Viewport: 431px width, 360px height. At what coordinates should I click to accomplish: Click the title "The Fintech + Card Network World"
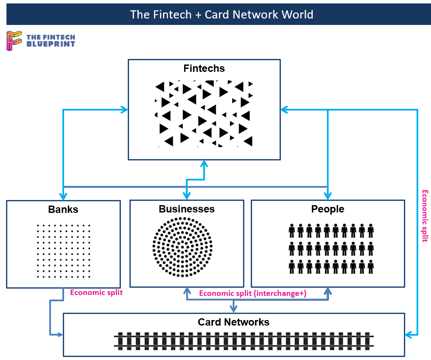pos(222,15)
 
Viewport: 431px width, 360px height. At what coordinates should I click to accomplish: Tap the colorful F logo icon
pos(14,41)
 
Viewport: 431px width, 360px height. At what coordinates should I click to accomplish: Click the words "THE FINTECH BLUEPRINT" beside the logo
pos(51,41)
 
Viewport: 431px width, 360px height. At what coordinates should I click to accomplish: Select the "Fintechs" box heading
pos(204,68)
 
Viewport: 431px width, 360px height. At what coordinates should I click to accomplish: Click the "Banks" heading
pos(63,209)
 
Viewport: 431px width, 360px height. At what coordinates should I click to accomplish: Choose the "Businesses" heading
pos(187,209)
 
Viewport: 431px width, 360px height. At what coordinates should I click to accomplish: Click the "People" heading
pos(328,209)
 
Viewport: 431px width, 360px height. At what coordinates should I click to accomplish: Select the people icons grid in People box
pos(330,249)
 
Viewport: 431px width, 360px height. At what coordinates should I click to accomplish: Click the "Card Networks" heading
pos(234,322)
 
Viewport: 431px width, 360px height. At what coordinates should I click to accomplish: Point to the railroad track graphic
pos(243,341)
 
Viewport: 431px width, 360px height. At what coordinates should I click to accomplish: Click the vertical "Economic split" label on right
pos(425,216)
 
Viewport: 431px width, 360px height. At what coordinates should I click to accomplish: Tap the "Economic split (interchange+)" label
pos(253,293)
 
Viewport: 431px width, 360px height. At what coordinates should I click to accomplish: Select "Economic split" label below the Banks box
pos(96,292)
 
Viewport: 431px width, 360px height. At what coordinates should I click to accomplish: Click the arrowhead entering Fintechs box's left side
pos(125,110)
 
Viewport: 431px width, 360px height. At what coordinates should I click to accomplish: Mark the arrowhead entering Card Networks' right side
pos(409,334)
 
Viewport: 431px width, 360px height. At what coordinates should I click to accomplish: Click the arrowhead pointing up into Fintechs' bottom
pos(204,163)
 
